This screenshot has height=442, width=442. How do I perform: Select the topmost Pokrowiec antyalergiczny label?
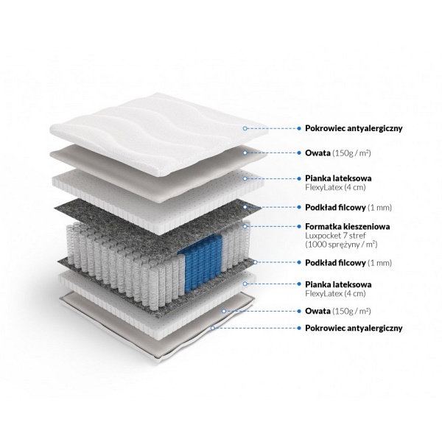353,127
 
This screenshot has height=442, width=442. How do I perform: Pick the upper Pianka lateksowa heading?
338,178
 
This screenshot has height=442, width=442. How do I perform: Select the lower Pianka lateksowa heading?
338,284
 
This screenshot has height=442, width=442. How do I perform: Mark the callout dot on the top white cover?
245,127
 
